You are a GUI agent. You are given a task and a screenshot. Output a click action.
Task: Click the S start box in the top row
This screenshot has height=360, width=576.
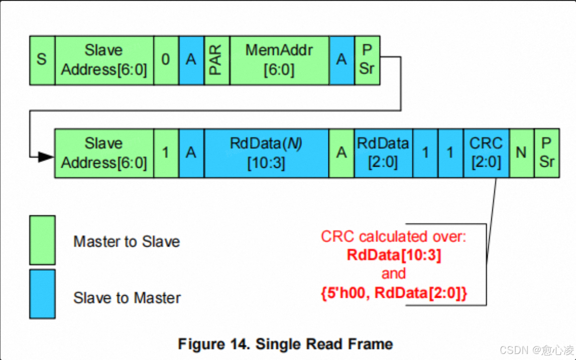(x=42, y=60)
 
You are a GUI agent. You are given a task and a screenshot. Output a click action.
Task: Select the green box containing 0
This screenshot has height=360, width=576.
(x=166, y=60)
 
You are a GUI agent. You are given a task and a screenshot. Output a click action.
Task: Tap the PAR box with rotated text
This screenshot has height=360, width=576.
(x=216, y=60)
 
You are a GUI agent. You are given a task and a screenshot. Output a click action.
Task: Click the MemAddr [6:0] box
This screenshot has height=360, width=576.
(x=279, y=60)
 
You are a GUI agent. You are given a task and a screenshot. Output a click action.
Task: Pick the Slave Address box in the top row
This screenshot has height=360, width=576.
(x=104, y=60)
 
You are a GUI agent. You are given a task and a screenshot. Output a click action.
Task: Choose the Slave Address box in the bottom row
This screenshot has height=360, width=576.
(x=104, y=153)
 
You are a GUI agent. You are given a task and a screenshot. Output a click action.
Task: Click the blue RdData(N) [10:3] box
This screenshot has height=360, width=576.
(x=266, y=153)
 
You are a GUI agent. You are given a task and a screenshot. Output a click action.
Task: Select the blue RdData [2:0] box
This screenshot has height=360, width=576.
(x=383, y=153)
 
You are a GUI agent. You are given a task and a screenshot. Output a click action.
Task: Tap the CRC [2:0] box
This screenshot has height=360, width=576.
(x=486, y=153)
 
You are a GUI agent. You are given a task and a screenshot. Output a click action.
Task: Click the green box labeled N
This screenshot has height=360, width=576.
(x=521, y=153)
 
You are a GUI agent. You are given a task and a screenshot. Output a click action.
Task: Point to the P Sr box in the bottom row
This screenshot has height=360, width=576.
(x=546, y=153)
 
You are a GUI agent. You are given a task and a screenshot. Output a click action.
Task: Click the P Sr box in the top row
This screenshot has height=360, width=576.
(x=367, y=60)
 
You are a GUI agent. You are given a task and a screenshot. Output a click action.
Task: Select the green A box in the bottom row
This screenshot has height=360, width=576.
(x=341, y=153)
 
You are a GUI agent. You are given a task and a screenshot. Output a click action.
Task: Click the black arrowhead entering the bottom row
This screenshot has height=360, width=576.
(x=46, y=157)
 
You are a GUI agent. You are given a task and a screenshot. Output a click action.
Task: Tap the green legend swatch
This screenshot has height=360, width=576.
(x=42, y=240)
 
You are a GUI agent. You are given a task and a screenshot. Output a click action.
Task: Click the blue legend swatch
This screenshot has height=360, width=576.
(x=42, y=294)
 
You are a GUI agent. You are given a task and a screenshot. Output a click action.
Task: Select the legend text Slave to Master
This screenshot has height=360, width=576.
(x=127, y=298)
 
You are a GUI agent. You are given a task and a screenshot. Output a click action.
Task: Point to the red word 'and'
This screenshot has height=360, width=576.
(x=393, y=274)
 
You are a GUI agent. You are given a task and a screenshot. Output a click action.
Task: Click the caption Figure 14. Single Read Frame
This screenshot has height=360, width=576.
(x=285, y=344)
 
